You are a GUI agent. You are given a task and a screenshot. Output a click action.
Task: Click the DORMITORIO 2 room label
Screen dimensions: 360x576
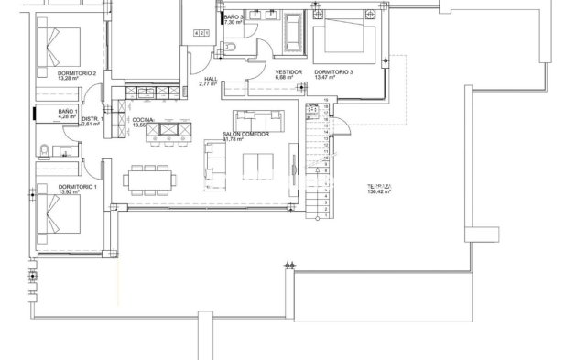(51, 73)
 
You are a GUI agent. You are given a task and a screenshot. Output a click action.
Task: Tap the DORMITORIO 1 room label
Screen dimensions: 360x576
(50, 186)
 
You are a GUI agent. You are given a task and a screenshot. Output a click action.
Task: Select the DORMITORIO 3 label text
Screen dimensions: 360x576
(331, 72)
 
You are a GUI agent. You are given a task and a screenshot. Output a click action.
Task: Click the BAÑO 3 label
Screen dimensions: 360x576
(233, 16)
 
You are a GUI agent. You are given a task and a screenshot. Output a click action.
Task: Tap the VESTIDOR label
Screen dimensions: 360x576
(288, 72)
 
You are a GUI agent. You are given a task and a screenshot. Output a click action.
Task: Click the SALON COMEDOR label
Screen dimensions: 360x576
(245, 134)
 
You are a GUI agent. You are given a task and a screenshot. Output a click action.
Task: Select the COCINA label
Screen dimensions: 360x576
(142, 120)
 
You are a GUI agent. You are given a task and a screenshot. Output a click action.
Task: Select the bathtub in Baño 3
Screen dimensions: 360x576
(293, 33)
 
